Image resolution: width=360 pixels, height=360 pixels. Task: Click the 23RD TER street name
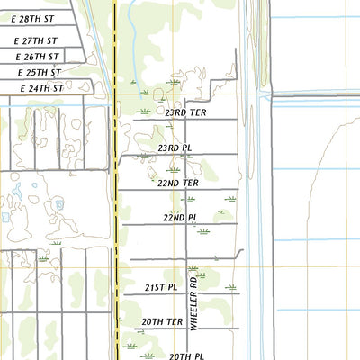coord(185,112)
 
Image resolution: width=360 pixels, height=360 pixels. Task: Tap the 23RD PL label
coord(175,148)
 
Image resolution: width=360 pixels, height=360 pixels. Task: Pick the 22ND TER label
coord(177,183)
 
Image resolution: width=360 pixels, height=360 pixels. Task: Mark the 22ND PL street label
coord(180,218)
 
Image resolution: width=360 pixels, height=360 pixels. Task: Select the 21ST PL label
coord(161,287)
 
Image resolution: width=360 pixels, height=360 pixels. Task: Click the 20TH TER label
coord(162,321)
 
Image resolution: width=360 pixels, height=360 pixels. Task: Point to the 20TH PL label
coord(187,356)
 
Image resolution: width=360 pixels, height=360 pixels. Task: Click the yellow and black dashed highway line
coord(116,180)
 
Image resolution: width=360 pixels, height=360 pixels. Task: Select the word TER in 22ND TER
coord(189,183)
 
